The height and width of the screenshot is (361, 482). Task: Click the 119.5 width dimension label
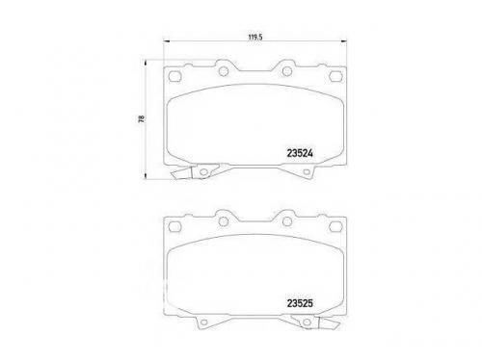pos(255,37)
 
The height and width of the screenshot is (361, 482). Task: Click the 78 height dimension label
pos(141,119)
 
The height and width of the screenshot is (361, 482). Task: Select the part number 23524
pos(300,153)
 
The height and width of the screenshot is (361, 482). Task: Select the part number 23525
pos(300,303)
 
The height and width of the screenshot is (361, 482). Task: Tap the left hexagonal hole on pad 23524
pos(175,76)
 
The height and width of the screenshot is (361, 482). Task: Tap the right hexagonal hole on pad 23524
pos(335,76)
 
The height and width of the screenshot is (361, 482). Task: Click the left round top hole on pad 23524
pos(224,71)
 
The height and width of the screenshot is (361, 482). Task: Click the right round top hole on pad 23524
pos(287,71)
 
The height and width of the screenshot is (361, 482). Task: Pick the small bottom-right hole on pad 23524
pos(307,172)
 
